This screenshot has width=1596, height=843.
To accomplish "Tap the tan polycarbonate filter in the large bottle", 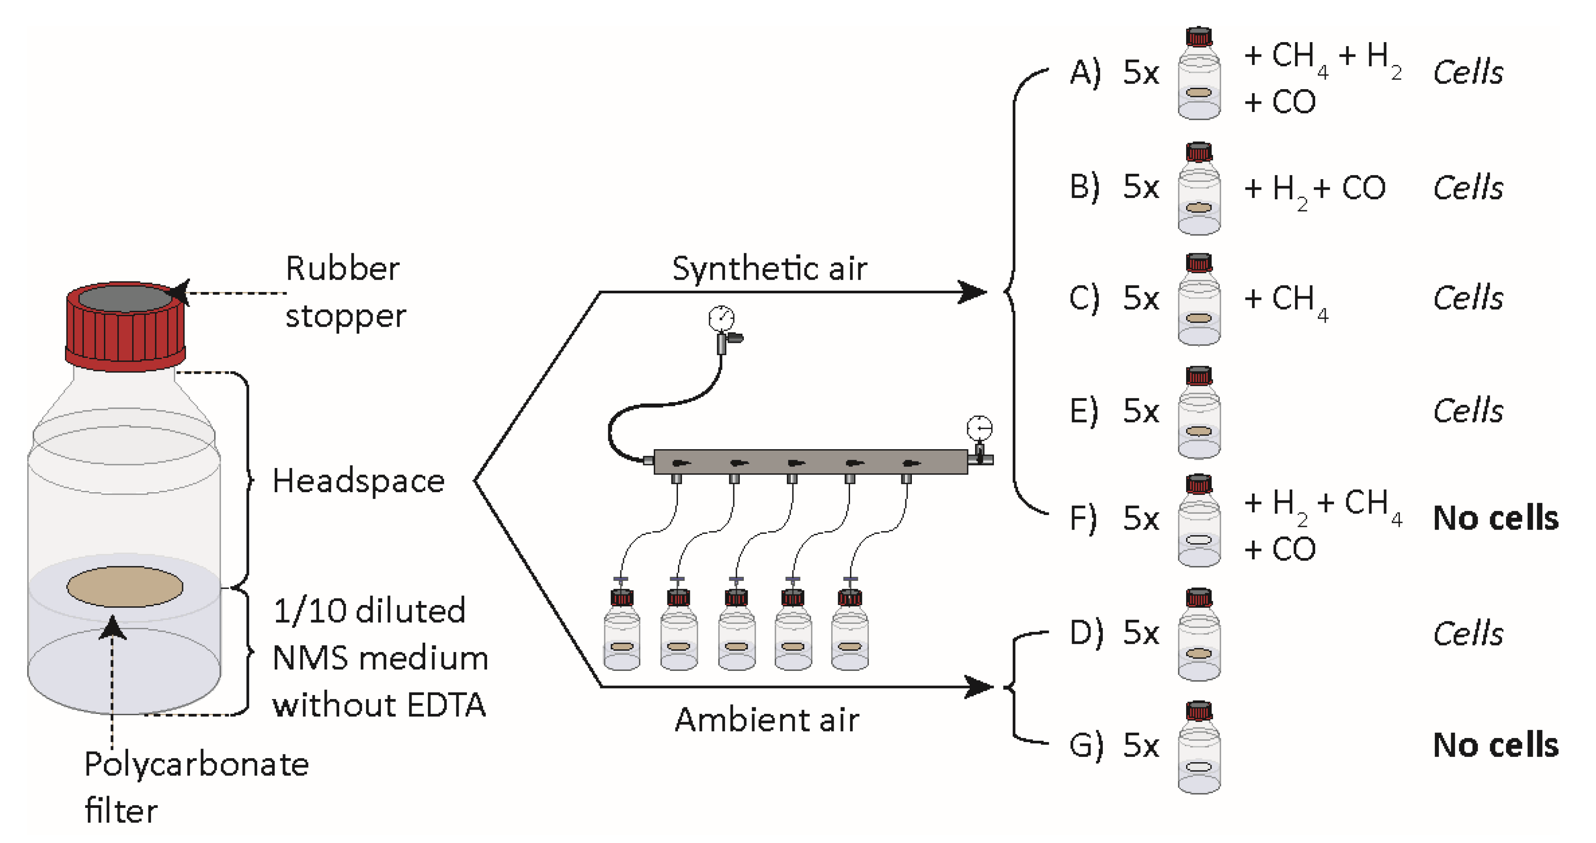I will point(125,587).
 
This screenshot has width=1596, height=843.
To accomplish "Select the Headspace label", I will point(358,481).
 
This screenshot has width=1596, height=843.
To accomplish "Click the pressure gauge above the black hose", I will point(721,319).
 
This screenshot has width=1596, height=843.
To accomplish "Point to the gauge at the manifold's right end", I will point(979,428).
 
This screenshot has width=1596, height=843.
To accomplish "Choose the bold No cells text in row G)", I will point(1495,745).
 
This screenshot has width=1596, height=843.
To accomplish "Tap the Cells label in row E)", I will point(1468,411).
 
